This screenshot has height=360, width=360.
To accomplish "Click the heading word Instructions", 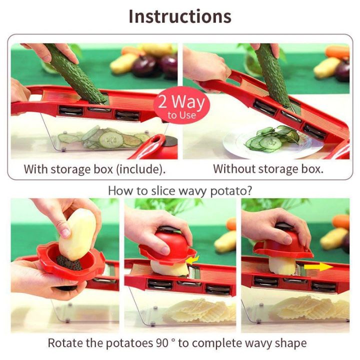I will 180,16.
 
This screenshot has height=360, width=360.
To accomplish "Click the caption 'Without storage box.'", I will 268,169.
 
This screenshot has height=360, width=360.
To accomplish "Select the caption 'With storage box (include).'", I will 94,169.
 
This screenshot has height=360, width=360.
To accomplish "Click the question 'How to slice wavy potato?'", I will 180,190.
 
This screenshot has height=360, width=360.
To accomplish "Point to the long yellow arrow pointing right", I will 319,266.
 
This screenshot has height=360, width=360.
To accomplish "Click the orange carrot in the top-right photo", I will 338,51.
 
